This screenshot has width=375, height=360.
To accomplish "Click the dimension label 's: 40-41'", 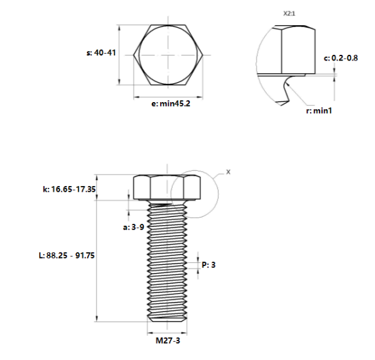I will pyautogui.click(x=100, y=54).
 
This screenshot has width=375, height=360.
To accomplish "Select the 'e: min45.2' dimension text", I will pyautogui.click(x=170, y=104).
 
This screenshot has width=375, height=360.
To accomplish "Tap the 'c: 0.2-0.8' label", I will pyautogui.click(x=341, y=58).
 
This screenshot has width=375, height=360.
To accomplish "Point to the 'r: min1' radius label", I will pyautogui.click(x=318, y=111).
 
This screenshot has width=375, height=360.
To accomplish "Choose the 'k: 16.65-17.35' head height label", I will pyautogui.click(x=69, y=189).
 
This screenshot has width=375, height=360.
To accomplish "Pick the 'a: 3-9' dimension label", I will pyautogui.click(x=134, y=226).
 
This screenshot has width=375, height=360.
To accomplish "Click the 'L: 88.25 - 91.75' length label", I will pyautogui.click(x=66, y=255).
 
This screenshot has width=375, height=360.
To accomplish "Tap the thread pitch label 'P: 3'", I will pyautogui.click(x=209, y=265).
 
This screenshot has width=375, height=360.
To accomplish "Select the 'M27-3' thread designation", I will pyautogui.click(x=168, y=344).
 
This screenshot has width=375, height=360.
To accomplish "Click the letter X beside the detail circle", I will pyautogui.click(x=228, y=171).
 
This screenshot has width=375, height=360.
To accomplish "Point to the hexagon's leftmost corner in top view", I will pyautogui.click(x=134, y=55).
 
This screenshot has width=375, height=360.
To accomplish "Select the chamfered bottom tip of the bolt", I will pyautogui.click(x=168, y=317).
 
